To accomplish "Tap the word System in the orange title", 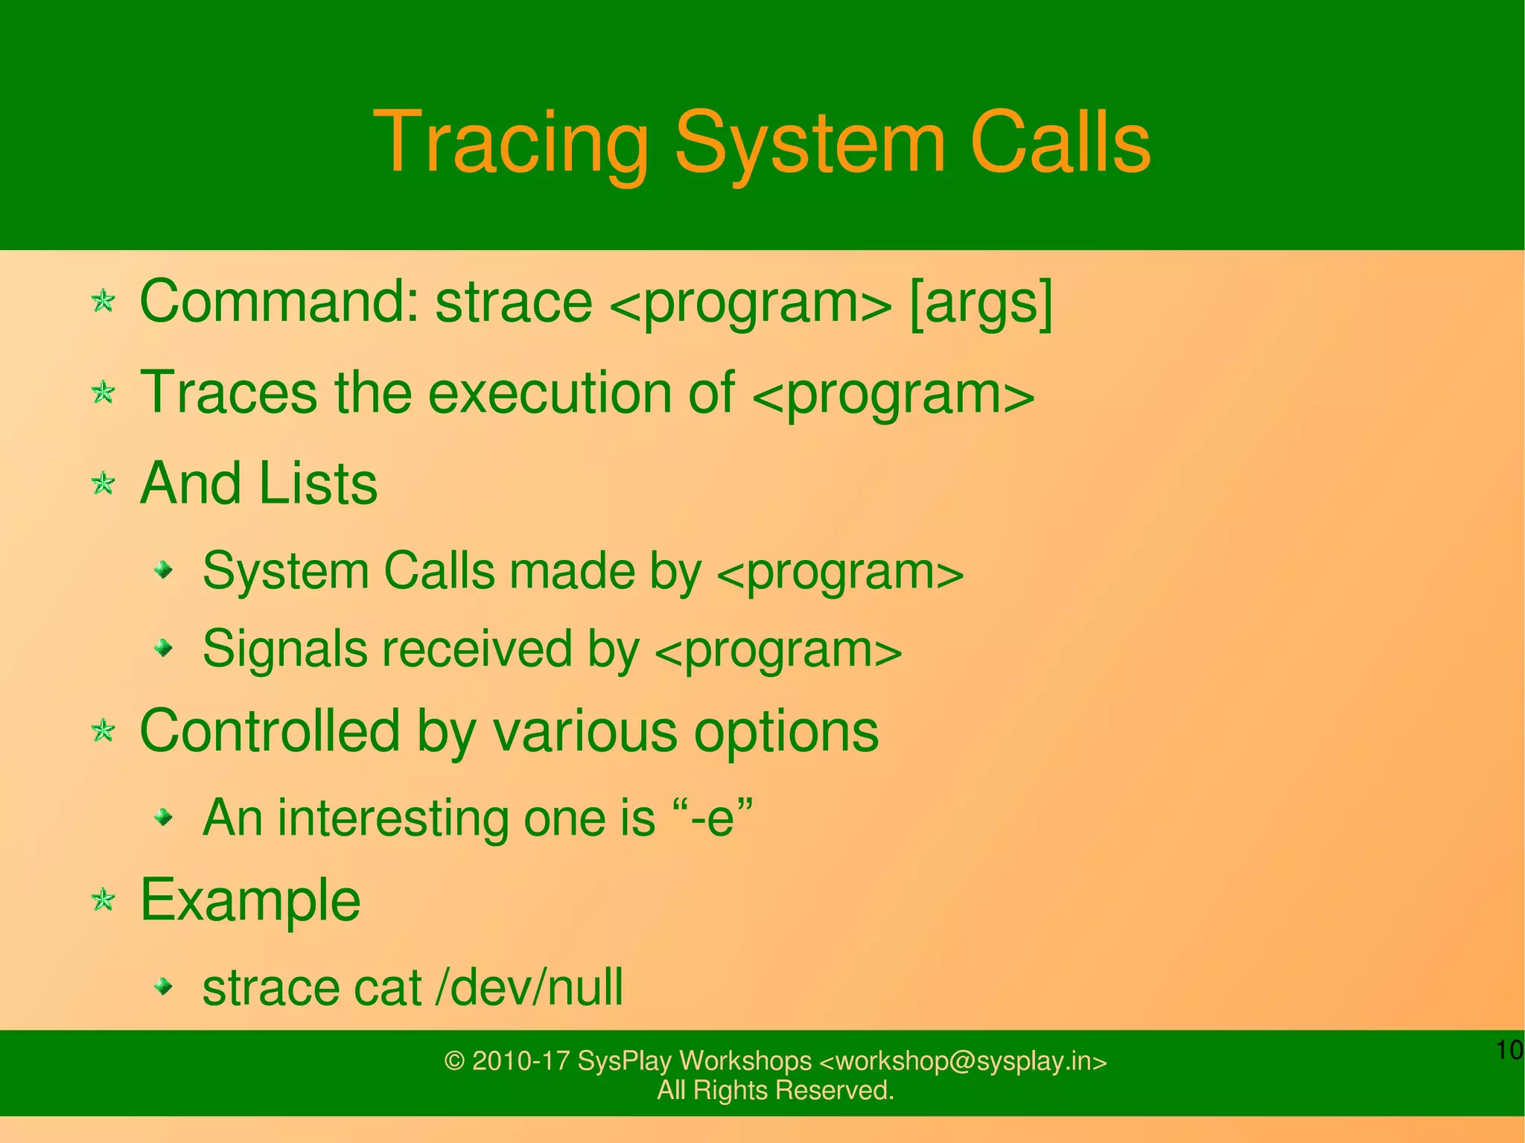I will point(809,143).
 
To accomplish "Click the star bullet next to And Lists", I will point(103,484).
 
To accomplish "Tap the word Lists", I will point(318,484).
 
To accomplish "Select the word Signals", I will point(284,649).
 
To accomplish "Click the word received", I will point(477,649).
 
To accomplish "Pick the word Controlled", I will point(270,731).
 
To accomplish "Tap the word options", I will point(786,731).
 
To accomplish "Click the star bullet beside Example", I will point(103,901).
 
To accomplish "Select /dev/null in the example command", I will point(529,987).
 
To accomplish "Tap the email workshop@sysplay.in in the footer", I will point(964,1060).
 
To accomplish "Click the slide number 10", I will point(1509,1050).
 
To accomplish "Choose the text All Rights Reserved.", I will point(775,1090).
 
